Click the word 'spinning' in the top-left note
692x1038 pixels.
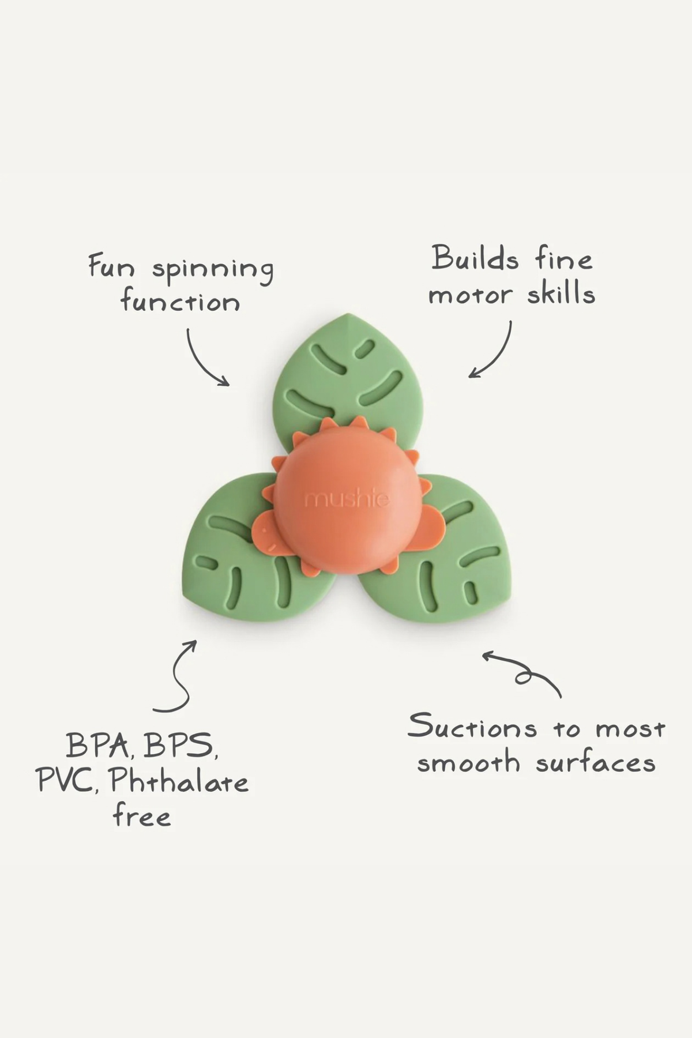click(x=212, y=270)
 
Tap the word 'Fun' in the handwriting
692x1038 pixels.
click(x=111, y=266)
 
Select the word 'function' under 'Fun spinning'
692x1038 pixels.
click(x=180, y=301)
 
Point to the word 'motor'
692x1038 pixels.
click(x=470, y=295)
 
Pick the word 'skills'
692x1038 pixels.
click(x=561, y=293)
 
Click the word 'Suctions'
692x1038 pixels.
click(x=472, y=727)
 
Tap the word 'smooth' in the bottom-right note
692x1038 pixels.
click(x=469, y=764)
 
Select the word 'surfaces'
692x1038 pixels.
click(x=596, y=762)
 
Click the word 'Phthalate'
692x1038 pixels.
click(x=179, y=781)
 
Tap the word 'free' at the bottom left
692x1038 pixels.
click(x=142, y=816)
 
